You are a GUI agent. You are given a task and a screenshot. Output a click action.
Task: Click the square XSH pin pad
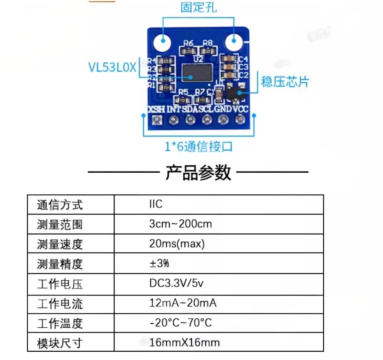157,120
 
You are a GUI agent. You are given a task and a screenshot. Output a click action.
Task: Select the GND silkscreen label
224,110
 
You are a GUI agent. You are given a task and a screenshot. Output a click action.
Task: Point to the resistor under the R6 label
189,51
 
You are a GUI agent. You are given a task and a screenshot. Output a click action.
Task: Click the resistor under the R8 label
208,51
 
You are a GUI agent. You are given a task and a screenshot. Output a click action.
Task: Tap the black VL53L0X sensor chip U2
197,74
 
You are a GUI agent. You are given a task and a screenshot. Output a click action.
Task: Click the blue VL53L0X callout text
112,67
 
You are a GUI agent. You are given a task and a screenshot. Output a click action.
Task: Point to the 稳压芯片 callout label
285,81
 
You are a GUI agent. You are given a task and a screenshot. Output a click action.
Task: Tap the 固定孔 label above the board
199,7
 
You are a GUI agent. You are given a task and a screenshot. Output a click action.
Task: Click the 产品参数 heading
198,172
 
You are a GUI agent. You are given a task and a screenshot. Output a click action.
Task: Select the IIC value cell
156,204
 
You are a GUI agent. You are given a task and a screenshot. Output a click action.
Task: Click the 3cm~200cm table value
180,224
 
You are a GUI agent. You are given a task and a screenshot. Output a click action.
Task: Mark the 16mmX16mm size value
184,343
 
